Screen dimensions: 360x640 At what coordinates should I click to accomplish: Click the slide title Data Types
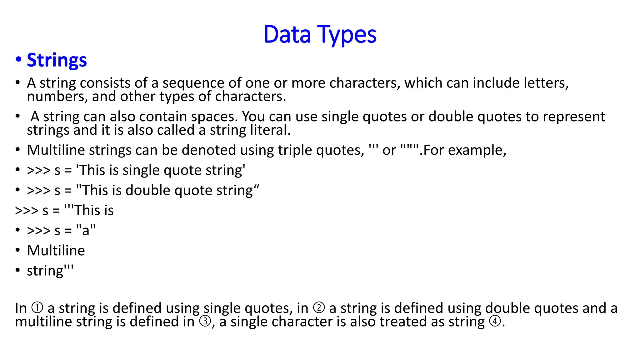(x=320, y=34)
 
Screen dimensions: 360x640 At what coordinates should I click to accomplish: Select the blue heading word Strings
(x=57, y=60)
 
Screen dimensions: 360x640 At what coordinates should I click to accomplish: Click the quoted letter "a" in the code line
(x=86, y=231)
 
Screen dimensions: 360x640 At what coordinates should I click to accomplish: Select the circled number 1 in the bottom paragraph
(x=37, y=308)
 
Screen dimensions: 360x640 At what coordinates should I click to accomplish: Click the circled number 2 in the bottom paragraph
(x=319, y=308)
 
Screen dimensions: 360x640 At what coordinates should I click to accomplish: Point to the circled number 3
(x=205, y=322)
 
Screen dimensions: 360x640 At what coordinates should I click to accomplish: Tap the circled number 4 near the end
(x=495, y=322)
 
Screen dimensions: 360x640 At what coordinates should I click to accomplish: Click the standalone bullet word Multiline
(x=56, y=251)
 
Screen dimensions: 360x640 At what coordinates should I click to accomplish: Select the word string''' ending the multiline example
(x=50, y=271)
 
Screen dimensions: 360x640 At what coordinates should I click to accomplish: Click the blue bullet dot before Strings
(x=18, y=59)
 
